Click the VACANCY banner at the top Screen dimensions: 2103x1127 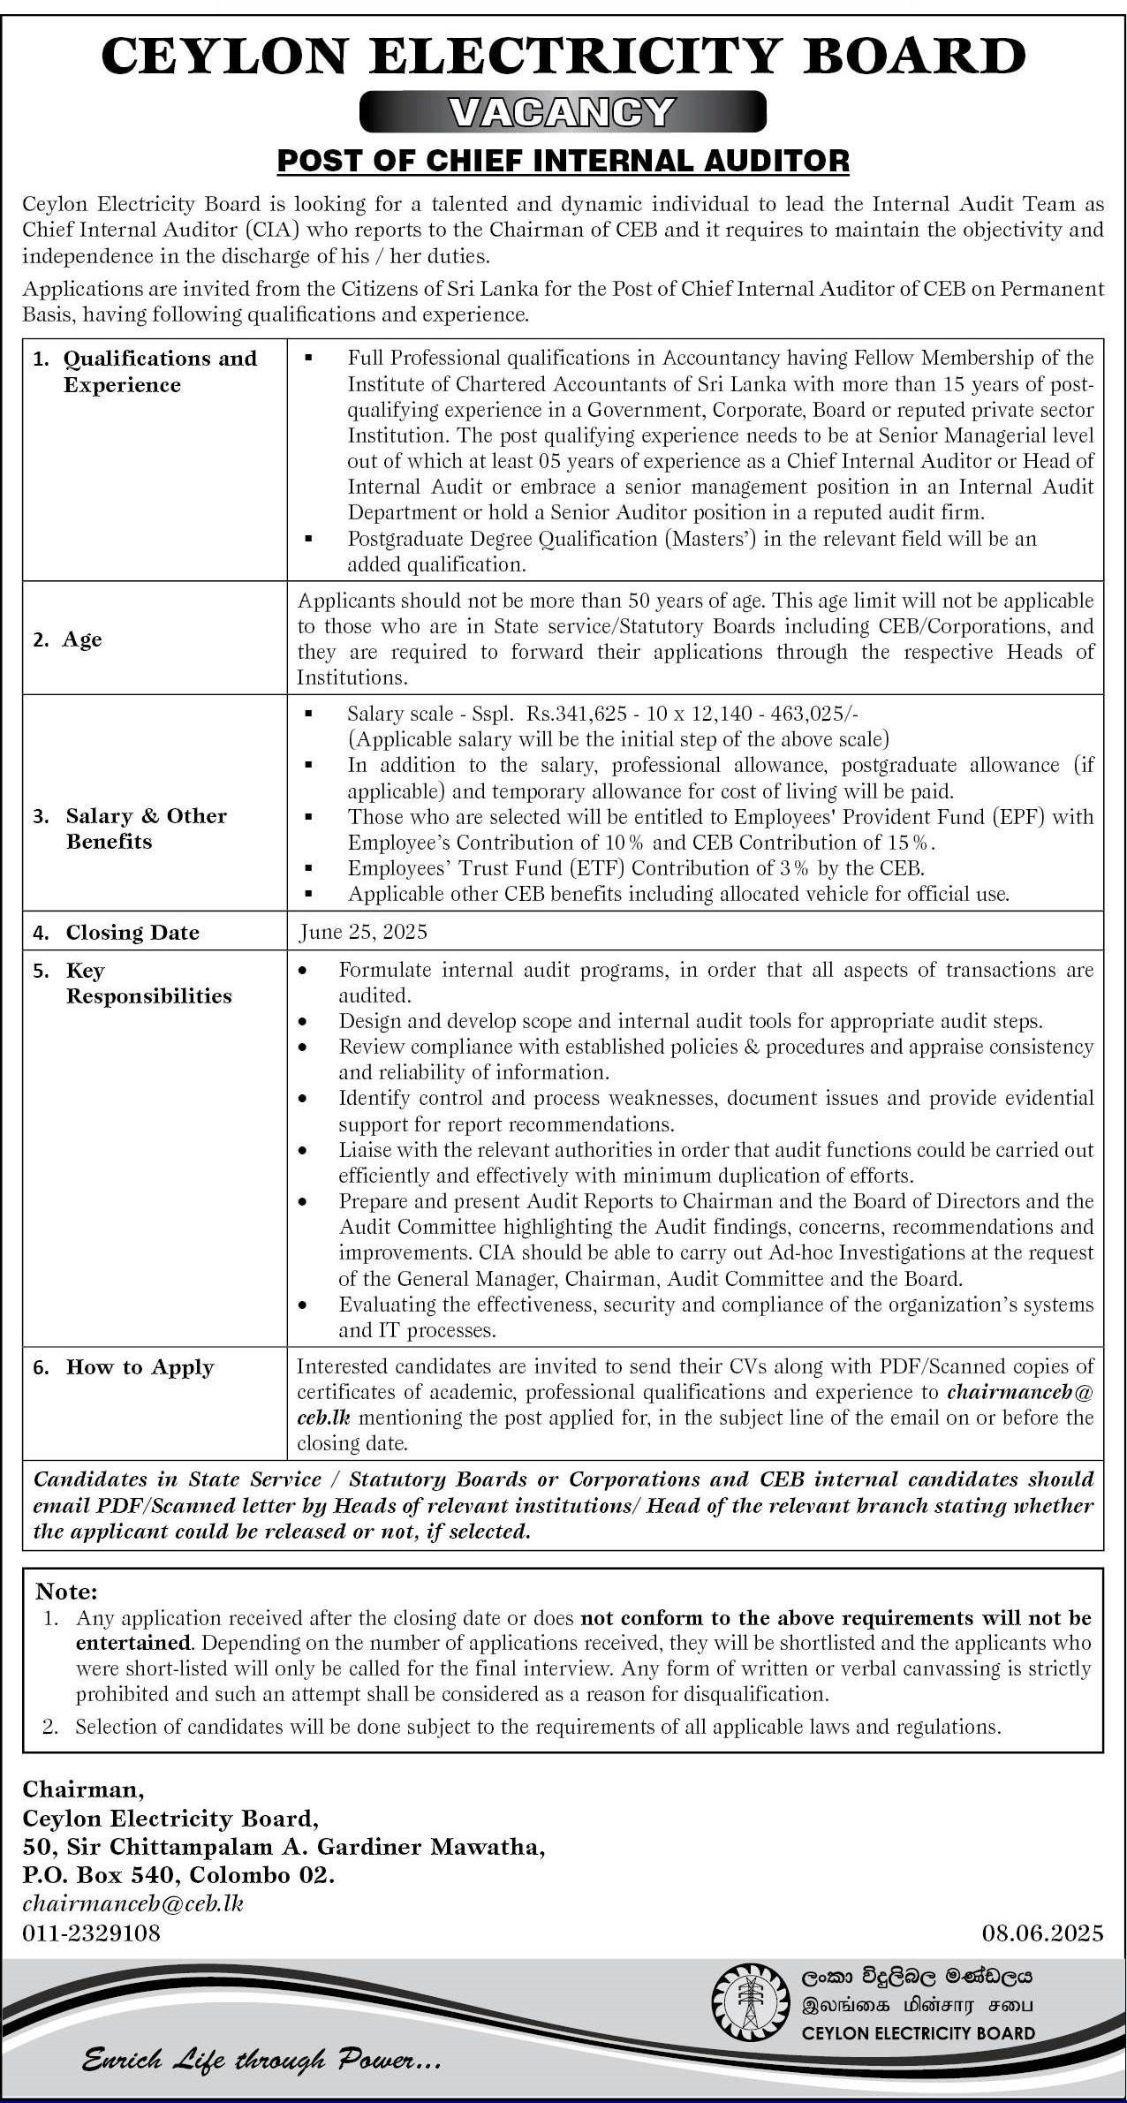563,111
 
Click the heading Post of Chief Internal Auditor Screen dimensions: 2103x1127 563,161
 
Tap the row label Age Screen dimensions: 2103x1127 82,639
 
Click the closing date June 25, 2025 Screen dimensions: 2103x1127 363,932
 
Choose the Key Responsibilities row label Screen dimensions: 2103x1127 148,983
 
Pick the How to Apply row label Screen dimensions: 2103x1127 140,1367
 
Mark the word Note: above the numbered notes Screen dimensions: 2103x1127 66,1592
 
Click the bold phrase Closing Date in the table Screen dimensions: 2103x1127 132,933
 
